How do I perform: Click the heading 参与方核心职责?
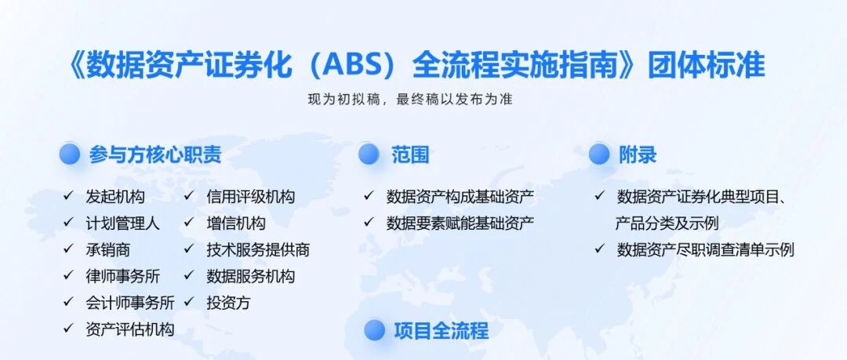[155, 155]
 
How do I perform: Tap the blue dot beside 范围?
[369, 154]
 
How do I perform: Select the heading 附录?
[638, 155]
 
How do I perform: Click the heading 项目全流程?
[441, 330]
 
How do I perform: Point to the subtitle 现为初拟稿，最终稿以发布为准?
[410, 100]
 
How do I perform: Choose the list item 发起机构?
[115, 197]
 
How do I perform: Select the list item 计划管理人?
[122, 224]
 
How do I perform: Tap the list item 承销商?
[107, 249]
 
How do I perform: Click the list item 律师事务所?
[122, 276]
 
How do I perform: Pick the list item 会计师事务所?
[130, 303]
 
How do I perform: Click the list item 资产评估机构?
[130, 329]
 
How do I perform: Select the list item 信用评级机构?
[251, 197]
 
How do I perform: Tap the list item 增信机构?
[235, 224]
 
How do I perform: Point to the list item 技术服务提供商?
[258, 249]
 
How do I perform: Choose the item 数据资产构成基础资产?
[460, 197]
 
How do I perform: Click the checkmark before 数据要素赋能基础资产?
[369, 222]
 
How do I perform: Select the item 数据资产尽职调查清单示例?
[706, 249]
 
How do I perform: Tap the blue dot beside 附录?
[599, 154]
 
